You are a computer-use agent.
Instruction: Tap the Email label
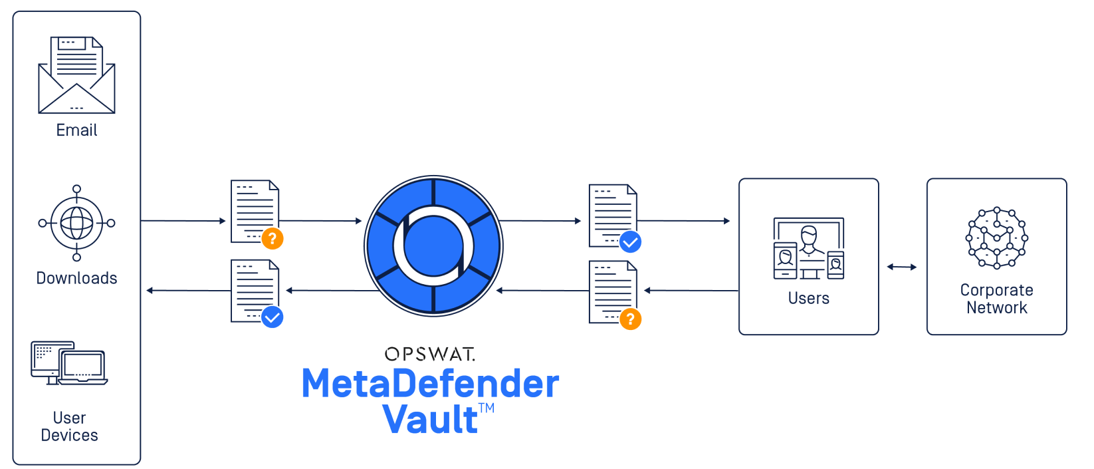[76, 130]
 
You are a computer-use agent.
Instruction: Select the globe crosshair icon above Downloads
[76, 223]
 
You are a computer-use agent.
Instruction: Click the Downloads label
[76, 278]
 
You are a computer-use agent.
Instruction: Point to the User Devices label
[69, 426]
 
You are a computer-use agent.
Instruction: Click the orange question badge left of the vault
[273, 238]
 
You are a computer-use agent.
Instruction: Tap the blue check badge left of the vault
[272, 317]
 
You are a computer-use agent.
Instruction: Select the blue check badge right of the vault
[630, 242]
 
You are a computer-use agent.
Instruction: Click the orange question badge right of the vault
[630, 319]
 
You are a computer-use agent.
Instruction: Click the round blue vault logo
[433, 245]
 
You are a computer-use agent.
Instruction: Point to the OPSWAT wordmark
[430, 354]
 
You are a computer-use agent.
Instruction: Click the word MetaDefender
[430, 385]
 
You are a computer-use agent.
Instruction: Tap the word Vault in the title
[430, 419]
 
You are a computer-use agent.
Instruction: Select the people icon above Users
[809, 248]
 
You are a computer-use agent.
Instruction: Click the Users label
[809, 298]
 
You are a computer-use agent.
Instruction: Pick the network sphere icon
[996, 238]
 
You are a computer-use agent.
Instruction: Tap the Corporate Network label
[996, 299]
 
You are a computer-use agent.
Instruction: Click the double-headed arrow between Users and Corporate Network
[902, 267]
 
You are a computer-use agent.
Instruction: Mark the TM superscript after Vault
[487, 408]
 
